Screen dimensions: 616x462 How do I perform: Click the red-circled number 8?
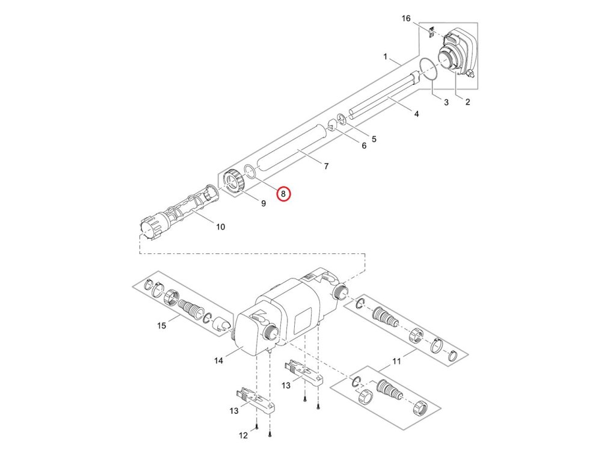(x=283, y=194)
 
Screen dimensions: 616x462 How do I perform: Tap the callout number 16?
(x=406, y=19)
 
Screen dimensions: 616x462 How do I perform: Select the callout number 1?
(x=385, y=57)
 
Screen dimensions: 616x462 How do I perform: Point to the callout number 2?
(x=467, y=102)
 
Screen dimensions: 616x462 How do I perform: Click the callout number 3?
(x=446, y=102)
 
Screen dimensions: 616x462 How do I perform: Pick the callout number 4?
(x=417, y=114)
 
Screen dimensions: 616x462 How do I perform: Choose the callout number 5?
(x=374, y=139)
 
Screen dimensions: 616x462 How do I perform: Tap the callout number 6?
(x=363, y=146)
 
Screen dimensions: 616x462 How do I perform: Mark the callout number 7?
(x=326, y=165)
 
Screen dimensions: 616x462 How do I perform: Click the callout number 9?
(x=263, y=203)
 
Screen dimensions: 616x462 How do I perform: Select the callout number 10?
(x=220, y=227)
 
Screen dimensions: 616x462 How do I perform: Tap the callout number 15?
(x=161, y=326)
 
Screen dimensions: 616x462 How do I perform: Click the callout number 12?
(x=243, y=436)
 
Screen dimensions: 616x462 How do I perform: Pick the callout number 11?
(x=396, y=361)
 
